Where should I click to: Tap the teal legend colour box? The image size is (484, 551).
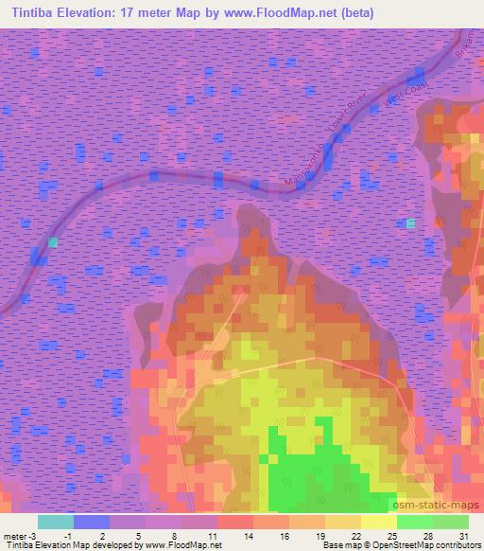(x=56, y=522)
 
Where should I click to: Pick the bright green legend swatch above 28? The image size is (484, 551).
(x=415, y=522)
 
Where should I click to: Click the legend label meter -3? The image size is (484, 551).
(x=19, y=535)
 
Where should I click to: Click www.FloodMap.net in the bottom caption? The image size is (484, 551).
(x=183, y=545)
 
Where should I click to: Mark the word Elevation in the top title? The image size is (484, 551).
(x=91, y=13)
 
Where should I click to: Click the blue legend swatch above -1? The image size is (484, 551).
(x=92, y=522)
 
